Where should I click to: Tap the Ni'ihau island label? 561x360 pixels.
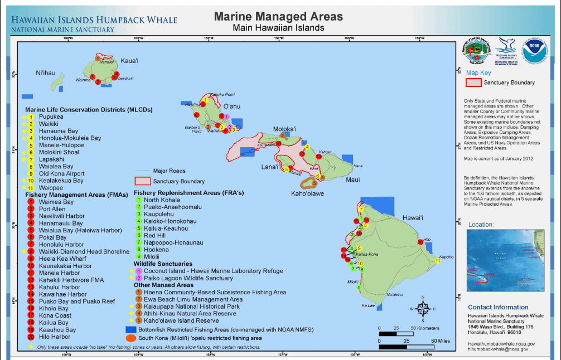(46, 73)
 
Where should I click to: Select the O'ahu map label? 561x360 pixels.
(231, 106)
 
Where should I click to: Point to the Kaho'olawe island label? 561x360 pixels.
(307, 193)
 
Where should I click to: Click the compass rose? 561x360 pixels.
(422, 309)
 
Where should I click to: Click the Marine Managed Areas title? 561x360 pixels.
(278, 17)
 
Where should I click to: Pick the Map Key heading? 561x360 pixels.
(478, 72)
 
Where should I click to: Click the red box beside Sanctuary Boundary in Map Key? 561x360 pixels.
(473, 82)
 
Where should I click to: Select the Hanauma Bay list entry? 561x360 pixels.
(54, 131)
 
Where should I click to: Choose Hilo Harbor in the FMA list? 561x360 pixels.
(54, 337)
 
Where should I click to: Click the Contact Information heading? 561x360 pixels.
(498, 307)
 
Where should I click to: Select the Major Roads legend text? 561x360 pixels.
(170, 171)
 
